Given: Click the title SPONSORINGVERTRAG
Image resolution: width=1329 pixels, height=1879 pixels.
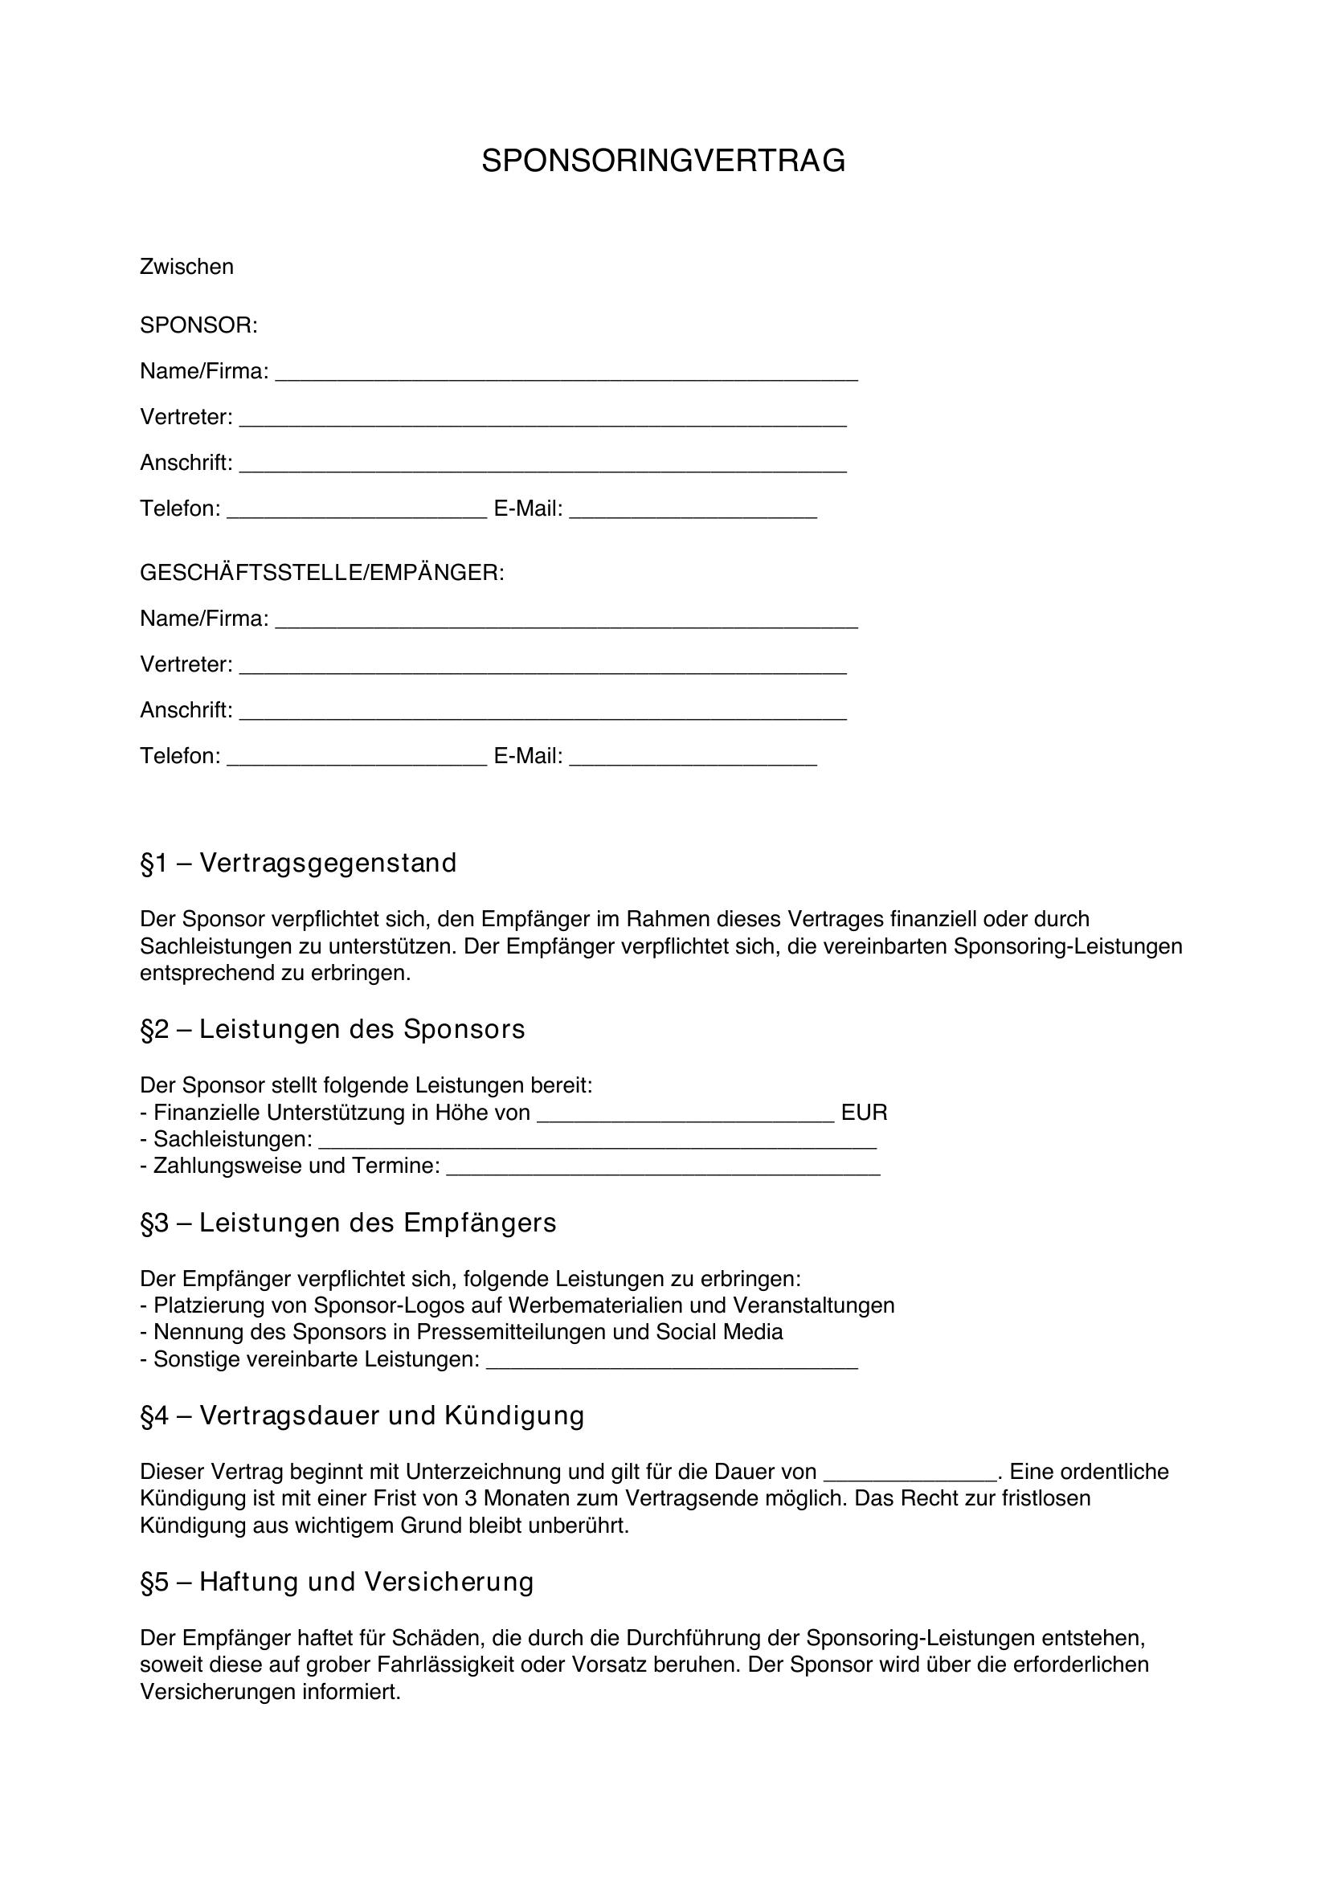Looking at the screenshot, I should tap(663, 161).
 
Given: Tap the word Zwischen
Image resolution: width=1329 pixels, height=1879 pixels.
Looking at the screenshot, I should tap(186, 267).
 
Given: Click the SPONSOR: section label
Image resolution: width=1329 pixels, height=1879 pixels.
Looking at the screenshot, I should tap(198, 325).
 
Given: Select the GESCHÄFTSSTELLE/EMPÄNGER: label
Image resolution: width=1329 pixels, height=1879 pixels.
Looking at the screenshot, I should tap(322, 573).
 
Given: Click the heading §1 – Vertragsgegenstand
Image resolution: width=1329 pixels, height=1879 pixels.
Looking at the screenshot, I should tap(299, 864).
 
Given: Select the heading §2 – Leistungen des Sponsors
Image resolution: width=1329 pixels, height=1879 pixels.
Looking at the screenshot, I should tap(333, 1029).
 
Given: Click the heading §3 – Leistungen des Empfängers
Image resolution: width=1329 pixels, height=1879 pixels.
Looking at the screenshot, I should tap(348, 1223).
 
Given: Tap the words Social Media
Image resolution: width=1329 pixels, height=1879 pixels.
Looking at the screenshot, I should tap(719, 1331).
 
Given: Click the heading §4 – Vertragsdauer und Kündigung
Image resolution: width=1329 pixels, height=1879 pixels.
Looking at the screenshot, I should tap(362, 1415).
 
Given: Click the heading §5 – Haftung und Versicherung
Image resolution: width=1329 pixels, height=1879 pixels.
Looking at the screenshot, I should tap(337, 1582).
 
